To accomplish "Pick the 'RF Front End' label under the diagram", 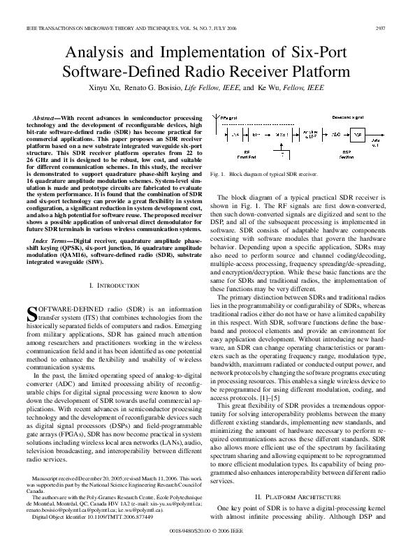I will point(247,154).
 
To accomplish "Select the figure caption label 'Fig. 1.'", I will point(217,172).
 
